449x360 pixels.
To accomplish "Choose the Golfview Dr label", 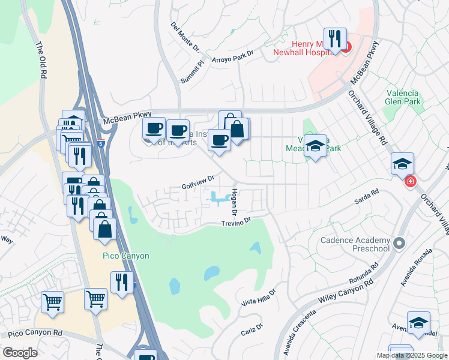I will click(198, 183).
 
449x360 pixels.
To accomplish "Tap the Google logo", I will click(20, 352).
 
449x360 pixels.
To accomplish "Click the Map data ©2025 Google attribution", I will click(411, 355).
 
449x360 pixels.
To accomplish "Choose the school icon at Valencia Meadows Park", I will click(315, 146).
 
